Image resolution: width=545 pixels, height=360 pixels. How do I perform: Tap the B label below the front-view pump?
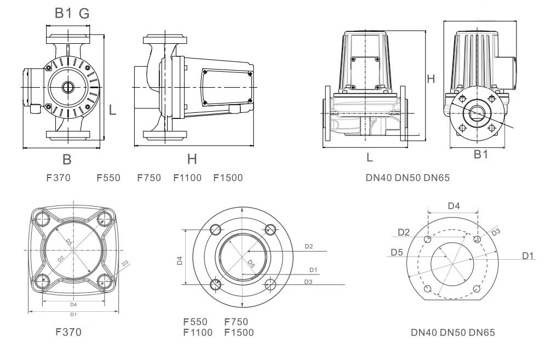point(67,159)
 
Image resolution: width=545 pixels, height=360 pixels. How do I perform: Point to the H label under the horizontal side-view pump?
point(192,159)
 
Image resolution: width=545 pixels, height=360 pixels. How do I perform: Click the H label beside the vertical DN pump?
point(431,79)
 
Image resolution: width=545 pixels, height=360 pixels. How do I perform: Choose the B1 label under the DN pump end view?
point(480,156)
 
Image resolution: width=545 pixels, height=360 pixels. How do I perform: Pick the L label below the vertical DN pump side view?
point(370,158)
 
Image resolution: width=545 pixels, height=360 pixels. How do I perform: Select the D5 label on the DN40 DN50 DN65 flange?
point(397,253)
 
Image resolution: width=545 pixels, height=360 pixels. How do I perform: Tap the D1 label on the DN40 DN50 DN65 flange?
point(528,255)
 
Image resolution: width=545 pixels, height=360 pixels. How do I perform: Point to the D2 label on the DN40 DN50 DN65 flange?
point(404,232)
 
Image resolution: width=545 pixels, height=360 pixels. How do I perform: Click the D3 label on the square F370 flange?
point(125,263)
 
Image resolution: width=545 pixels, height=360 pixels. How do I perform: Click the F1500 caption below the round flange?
point(239,332)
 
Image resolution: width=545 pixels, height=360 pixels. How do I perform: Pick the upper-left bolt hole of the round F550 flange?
point(216,229)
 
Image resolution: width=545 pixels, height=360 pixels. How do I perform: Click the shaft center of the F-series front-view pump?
point(67,87)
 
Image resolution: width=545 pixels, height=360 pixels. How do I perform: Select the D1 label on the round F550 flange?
point(313,270)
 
